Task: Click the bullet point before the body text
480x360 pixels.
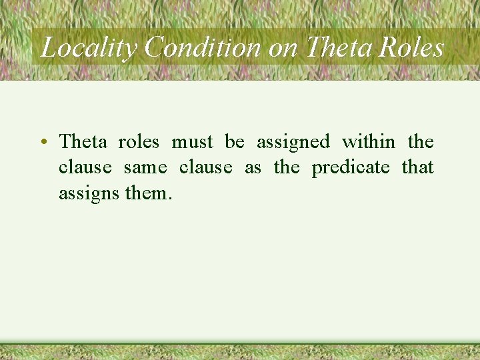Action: [x=42, y=142]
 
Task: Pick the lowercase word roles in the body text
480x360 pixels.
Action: [x=139, y=141]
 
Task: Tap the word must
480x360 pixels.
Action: [x=192, y=141]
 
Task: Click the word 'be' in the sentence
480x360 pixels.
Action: [x=235, y=141]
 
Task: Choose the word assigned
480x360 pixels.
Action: [x=293, y=143]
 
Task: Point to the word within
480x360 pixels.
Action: [x=369, y=141]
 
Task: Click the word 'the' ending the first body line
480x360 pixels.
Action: [x=421, y=141]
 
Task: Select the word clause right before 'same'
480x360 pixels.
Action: [x=85, y=167]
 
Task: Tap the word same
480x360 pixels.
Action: [x=145, y=167]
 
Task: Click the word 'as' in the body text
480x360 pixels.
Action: [x=253, y=167]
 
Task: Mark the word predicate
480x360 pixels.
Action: [x=351, y=167]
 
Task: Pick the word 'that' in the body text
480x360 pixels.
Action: [x=418, y=167]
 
